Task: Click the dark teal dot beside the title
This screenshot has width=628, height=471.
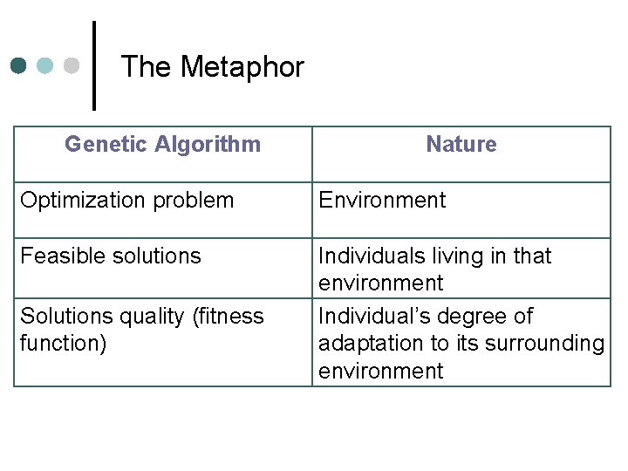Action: coord(20,65)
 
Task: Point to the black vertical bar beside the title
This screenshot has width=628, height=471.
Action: coord(94,65)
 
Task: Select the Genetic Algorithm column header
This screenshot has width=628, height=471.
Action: coord(162,144)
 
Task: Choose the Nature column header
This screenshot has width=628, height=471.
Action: coord(461,144)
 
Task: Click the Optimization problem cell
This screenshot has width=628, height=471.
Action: coord(127,200)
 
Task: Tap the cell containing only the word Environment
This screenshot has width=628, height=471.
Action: coord(382,200)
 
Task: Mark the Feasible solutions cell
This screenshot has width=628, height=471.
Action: coord(111,256)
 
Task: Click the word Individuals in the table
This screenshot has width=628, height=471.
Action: coord(362,256)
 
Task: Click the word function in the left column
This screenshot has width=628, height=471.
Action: coord(60,343)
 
